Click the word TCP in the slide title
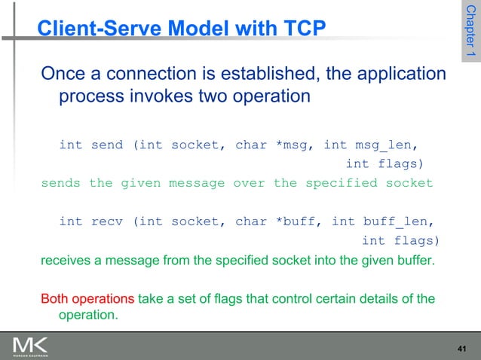point(303,29)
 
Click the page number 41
point(463,346)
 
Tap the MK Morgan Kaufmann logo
point(30,346)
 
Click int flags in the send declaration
point(384,163)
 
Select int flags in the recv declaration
point(400,240)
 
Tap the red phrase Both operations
point(87,299)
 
